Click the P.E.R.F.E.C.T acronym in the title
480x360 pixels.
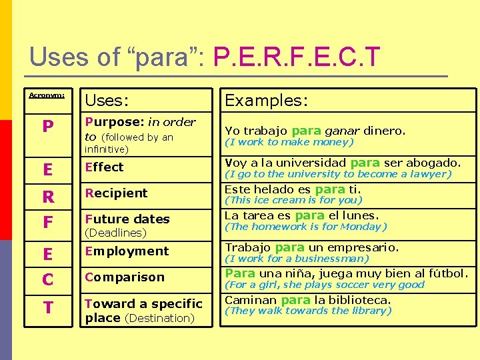[x=297, y=57]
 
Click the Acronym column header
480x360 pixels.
[x=47, y=95]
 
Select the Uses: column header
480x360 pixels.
[x=107, y=101]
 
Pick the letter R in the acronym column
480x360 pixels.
[x=47, y=197]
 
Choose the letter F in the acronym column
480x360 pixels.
[x=47, y=222]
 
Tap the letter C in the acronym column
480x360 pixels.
[x=47, y=280]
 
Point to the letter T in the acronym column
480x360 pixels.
[x=47, y=307]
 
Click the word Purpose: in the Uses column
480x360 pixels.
[x=115, y=122]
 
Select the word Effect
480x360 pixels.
[x=105, y=167]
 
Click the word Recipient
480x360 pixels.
[x=117, y=193]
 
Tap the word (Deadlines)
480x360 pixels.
[x=115, y=233]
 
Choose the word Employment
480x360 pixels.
[x=127, y=251]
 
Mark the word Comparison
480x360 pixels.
[x=125, y=277]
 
